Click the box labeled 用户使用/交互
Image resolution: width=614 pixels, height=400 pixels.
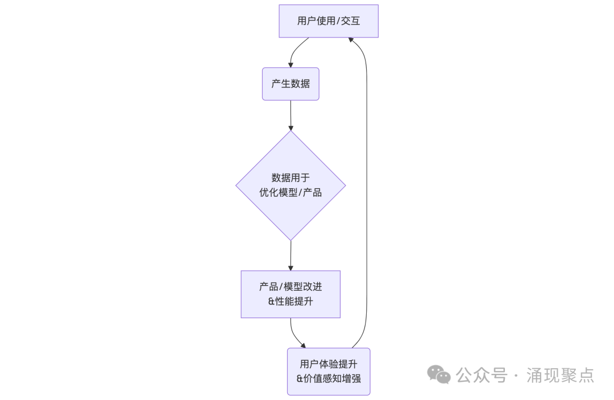[x=328, y=21]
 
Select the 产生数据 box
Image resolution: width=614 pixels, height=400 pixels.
[x=291, y=84]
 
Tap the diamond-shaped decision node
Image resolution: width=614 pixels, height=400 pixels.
[x=291, y=185]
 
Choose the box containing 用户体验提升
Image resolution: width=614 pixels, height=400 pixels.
[x=329, y=371]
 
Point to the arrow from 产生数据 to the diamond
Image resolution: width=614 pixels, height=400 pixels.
[x=291, y=115]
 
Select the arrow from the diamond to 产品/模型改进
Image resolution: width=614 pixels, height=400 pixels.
[x=291, y=255]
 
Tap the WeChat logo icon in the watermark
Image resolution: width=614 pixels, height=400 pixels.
[x=439, y=374]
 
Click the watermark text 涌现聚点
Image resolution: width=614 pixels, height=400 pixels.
[x=560, y=375]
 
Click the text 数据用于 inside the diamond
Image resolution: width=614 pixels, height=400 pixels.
[x=291, y=178]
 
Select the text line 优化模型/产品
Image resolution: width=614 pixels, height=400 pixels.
[x=291, y=192]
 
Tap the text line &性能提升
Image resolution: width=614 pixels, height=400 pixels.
[x=291, y=301]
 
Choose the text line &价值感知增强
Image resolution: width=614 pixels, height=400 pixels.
[x=329, y=378]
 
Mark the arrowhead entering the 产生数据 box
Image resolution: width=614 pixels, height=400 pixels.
[x=291, y=65]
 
